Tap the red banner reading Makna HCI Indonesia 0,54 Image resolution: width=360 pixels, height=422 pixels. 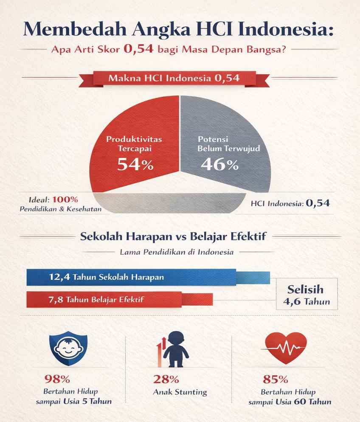[174, 78]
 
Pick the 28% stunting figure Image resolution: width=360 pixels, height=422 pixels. [163, 379]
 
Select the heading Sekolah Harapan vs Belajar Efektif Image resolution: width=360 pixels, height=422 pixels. [173, 236]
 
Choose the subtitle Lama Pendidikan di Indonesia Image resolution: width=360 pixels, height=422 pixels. [177, 252]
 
